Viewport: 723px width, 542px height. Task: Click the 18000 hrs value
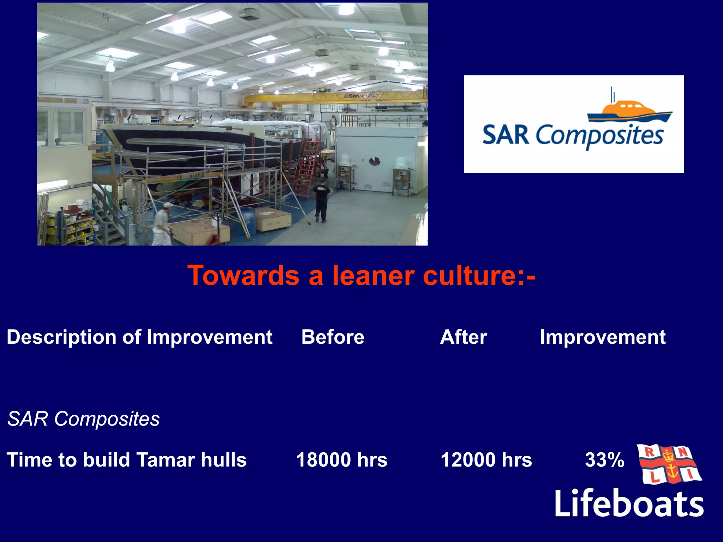(x=341, y=460)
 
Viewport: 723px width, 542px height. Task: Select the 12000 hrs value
(x=486, y=460)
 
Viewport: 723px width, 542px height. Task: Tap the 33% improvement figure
(x=604, y=460)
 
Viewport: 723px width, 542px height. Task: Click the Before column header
(x=333, y=337)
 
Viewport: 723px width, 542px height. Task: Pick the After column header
(x=463, y=337)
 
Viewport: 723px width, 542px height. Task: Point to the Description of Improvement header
(x=139, y=337)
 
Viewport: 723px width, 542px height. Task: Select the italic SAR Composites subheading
(x=83, y=419)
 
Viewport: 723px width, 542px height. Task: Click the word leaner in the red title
(x=373, y=276)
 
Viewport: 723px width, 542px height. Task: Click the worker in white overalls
(x=162, y=226)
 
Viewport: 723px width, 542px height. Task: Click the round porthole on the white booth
(x=374, y=162)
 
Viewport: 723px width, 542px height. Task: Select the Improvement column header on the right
(x=602, y=337)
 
